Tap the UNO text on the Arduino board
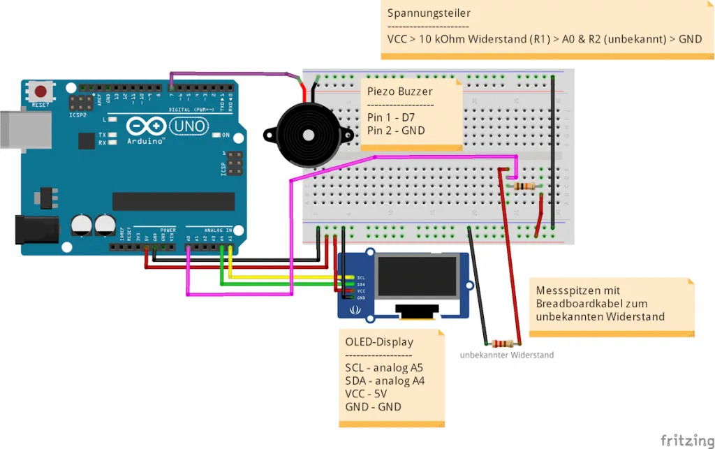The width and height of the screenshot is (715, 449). pos(188,126)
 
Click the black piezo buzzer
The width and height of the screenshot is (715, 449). pos(304,135)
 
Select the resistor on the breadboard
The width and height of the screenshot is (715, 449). pos(524,186)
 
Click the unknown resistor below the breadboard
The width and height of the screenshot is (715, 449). pos(503,343)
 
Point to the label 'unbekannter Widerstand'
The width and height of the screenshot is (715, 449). pos(506,355)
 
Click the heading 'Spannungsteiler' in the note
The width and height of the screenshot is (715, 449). pos(429,13)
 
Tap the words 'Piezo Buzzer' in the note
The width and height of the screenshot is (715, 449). pos(399,91)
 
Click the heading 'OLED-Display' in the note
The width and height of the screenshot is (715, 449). pos(379,342)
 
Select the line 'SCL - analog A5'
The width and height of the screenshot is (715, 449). pos(384,368)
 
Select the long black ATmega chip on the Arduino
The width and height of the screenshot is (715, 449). pos(173,201)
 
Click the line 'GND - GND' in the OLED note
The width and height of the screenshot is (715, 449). pos(373,407)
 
